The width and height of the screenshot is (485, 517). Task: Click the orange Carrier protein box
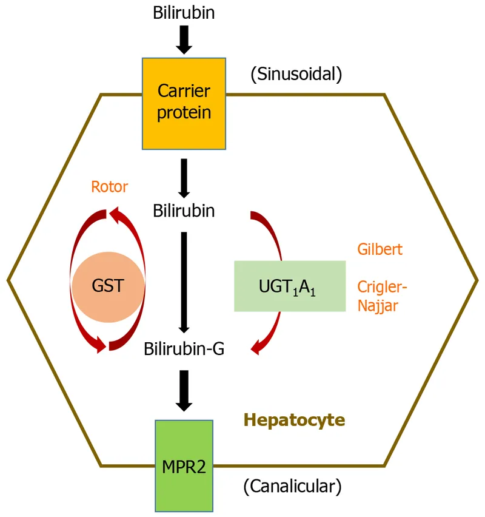click(184, 103)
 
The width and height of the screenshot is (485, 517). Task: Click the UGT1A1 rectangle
click(289, 286)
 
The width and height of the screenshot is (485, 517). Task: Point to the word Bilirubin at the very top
click(184, 13)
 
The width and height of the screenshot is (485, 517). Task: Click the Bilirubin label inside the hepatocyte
click(184, 211)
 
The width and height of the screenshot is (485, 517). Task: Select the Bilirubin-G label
click(184, 349)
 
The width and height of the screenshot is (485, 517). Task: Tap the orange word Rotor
click(109, 186)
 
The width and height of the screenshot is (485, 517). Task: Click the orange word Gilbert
click(380, 249)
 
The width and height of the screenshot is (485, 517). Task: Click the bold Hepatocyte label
click(295, 419)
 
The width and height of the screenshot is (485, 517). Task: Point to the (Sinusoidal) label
click(296, 75)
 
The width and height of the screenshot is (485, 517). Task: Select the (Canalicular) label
click(292, 486)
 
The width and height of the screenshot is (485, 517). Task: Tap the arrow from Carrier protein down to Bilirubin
click(184, 176)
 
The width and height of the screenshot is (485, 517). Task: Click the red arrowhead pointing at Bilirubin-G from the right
click(257, 348)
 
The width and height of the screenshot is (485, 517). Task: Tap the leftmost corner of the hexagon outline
click(8, 280)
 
